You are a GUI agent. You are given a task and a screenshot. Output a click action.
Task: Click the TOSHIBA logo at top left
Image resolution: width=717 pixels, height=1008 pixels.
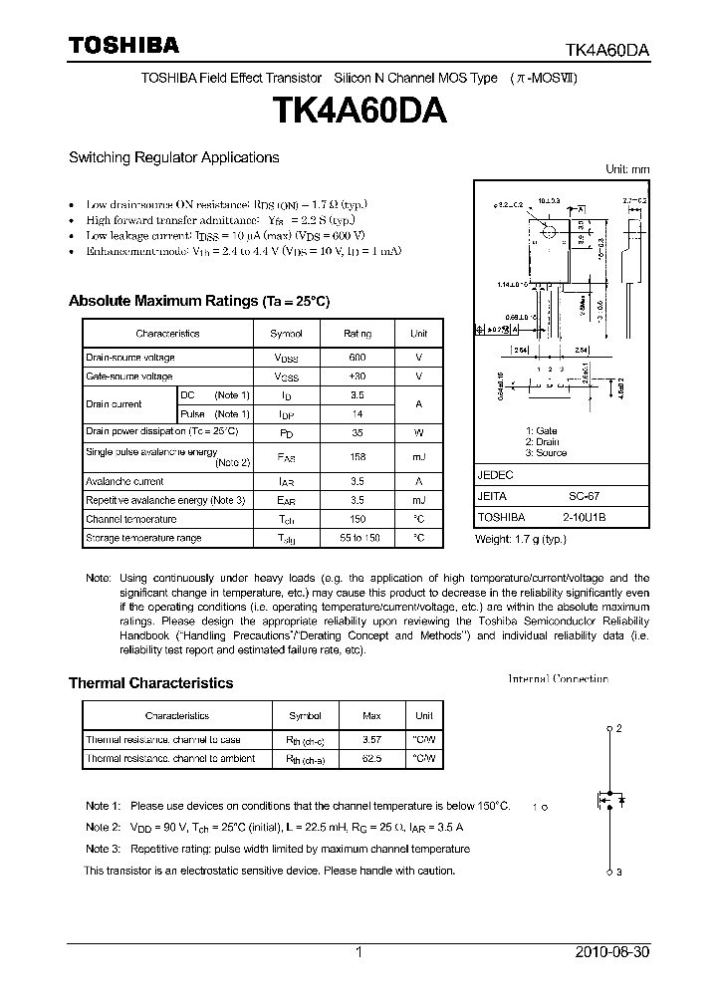click(x=123, y=45)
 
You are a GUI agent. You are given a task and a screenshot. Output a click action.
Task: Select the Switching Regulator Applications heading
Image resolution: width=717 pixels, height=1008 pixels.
click(x=173, y=157)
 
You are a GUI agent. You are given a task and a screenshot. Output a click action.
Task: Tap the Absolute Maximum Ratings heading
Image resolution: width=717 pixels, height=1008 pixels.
click(x=198, y=301)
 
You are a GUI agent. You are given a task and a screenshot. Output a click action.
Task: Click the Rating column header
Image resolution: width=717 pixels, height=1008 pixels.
click(x=358, y=334)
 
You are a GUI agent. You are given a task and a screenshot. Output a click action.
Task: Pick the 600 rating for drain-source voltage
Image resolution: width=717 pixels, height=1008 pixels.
click(x=358, y=358)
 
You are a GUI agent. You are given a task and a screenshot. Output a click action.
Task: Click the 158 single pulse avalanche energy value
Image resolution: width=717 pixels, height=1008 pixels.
click(x=358, y=456)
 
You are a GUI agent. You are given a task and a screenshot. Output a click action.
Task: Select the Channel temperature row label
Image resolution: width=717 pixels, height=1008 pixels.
click(x=131, y=519)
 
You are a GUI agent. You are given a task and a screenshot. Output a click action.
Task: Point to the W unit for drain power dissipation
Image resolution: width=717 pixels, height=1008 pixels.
click(x=419, y=432)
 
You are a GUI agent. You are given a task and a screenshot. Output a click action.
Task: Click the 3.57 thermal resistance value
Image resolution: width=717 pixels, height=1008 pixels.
click(x=371, y=740)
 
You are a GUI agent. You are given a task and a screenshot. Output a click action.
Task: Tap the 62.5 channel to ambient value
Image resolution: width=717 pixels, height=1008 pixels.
click(x=371, y=759)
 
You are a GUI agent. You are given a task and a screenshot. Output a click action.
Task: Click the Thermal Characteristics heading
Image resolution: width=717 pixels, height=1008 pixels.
click(x=150, y=683)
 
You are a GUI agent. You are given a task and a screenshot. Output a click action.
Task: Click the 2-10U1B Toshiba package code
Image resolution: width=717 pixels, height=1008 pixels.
click(x=586, y=518)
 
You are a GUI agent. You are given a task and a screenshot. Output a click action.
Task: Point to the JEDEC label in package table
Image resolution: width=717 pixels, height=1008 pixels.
click(x=495, y=476)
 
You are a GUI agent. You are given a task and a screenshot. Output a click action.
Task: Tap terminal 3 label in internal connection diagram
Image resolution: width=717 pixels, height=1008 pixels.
click(x=618, y=874)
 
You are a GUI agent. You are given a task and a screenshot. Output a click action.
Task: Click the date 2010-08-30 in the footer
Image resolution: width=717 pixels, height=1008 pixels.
click(x=612, y=952)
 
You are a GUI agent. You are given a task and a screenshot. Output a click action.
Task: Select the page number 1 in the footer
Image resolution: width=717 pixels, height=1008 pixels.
click(x=358, y=952)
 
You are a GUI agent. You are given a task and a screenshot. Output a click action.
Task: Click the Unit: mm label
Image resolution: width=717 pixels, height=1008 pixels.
click(x=627, y=170)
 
